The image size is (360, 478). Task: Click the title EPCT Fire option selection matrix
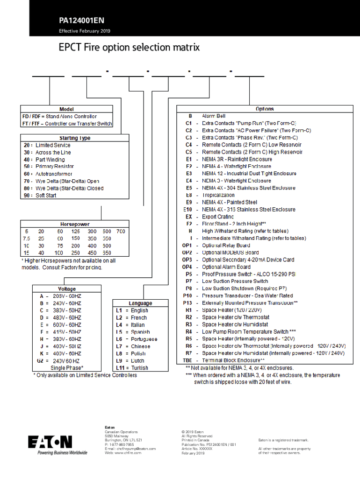[x=129, y=48]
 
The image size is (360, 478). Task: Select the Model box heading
[x=66, y=109]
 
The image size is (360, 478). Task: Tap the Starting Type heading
[x=75, y=138]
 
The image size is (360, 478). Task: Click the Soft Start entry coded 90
[x=46, y=196]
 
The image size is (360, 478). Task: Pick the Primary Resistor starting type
[x=55, y=167]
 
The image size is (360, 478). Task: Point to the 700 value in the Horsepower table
[x=121, y=232]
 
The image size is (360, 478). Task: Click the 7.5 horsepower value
[x=27, y=239]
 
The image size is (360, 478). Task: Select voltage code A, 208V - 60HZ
[x=60, y=296]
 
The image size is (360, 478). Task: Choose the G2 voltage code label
[x=41, y=361]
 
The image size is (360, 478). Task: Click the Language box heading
[x=140, y=303]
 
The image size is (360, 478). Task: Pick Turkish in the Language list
[x=139, y=368]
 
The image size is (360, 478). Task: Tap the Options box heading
[x=265, y=109]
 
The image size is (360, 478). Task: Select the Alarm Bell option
[x=214, y=116]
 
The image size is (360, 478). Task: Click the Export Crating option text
[x=218, y=217]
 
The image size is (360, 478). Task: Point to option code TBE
[x=187, y=361]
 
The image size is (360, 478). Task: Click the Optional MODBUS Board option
[x=230, y=253]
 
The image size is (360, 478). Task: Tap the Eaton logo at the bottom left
[x=50, y=442]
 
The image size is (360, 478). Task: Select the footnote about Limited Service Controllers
[x=85, y=375]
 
